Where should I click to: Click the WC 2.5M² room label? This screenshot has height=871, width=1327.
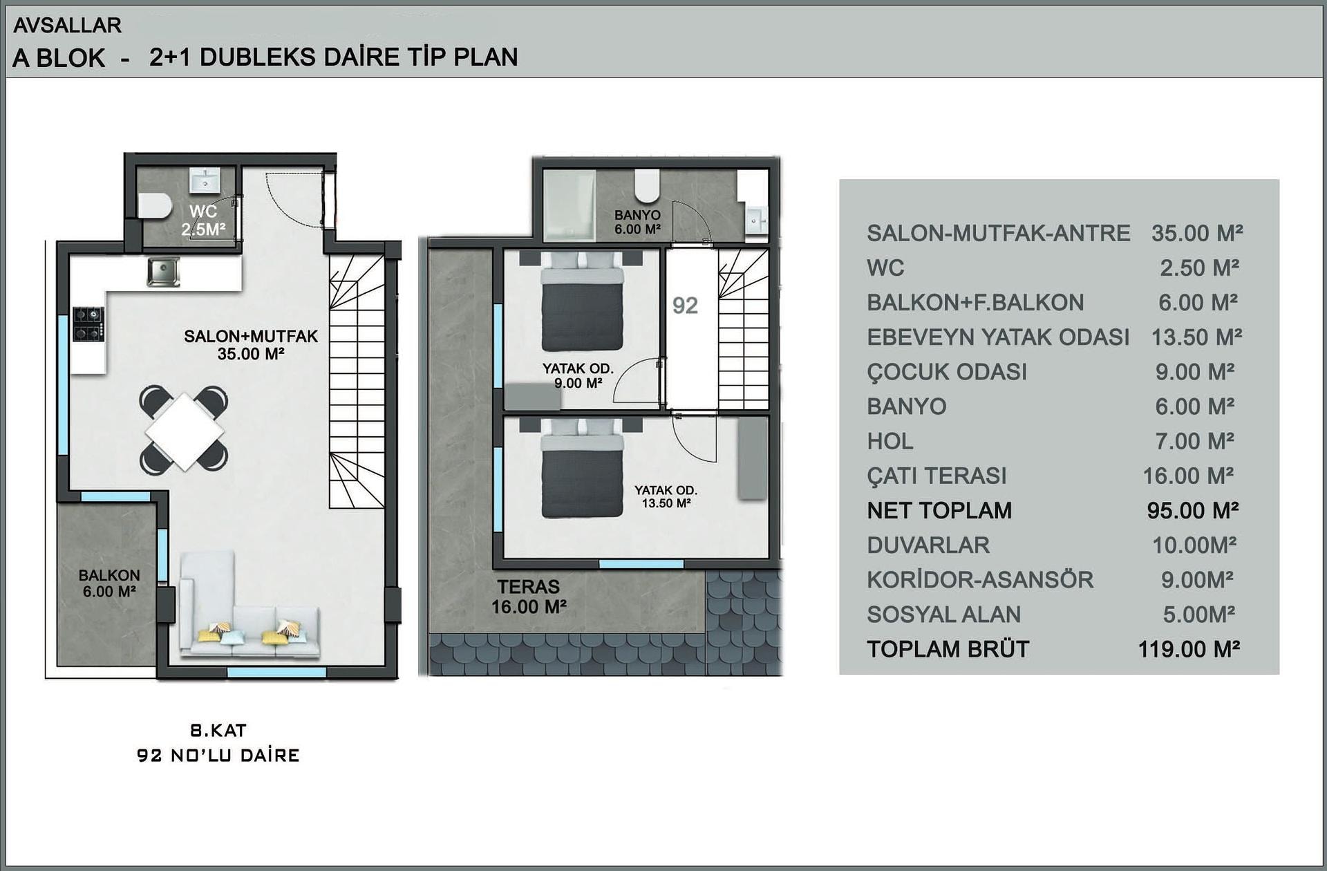tap(203, 221)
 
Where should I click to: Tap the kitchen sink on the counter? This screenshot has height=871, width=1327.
tap(163, 272)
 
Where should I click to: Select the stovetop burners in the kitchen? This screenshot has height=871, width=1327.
tap(88, 324)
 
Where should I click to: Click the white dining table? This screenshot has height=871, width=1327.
tap(185, 431)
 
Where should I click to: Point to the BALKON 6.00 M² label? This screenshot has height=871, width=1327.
tap(109, 583)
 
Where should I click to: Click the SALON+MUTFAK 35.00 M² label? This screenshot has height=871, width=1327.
tap(251, 345)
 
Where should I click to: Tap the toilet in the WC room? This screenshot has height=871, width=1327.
tap(154, 206)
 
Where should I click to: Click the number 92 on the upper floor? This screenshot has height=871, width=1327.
tap(685, 306)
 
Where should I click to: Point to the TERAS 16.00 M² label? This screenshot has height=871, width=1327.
tap(529, 597)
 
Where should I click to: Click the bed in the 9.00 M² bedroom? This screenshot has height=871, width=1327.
tap(582, 301)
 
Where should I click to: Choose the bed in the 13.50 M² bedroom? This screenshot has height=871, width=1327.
tap(582, 468)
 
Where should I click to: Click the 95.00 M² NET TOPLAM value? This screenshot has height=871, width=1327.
tap(1192, 510)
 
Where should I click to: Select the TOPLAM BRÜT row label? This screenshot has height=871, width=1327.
tap(948, 649)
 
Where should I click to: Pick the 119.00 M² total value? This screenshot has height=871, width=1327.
tap(1189, 649)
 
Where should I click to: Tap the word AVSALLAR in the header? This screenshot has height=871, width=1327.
tap(68, 25)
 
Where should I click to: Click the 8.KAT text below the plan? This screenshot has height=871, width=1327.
tap(218, 730)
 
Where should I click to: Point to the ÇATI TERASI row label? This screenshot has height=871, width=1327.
tap(937, 476)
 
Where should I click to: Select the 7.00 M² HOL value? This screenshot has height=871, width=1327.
tap(1195, 441)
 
